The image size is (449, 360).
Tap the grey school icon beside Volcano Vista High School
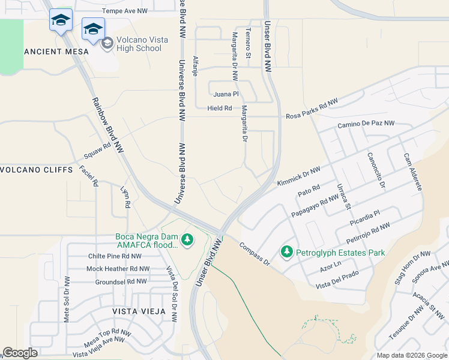coord(107,43)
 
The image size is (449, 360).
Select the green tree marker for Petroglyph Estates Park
coord(287,251)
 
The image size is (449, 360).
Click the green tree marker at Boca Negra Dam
coord(187,240)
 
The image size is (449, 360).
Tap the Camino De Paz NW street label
coord(366,124)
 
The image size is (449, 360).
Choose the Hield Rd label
coord(220,108)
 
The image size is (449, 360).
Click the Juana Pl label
coord(226,94)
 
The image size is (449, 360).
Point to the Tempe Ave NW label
coord(124,11)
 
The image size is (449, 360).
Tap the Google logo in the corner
coord(20,353)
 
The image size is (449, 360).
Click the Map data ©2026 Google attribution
coord(411,355)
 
